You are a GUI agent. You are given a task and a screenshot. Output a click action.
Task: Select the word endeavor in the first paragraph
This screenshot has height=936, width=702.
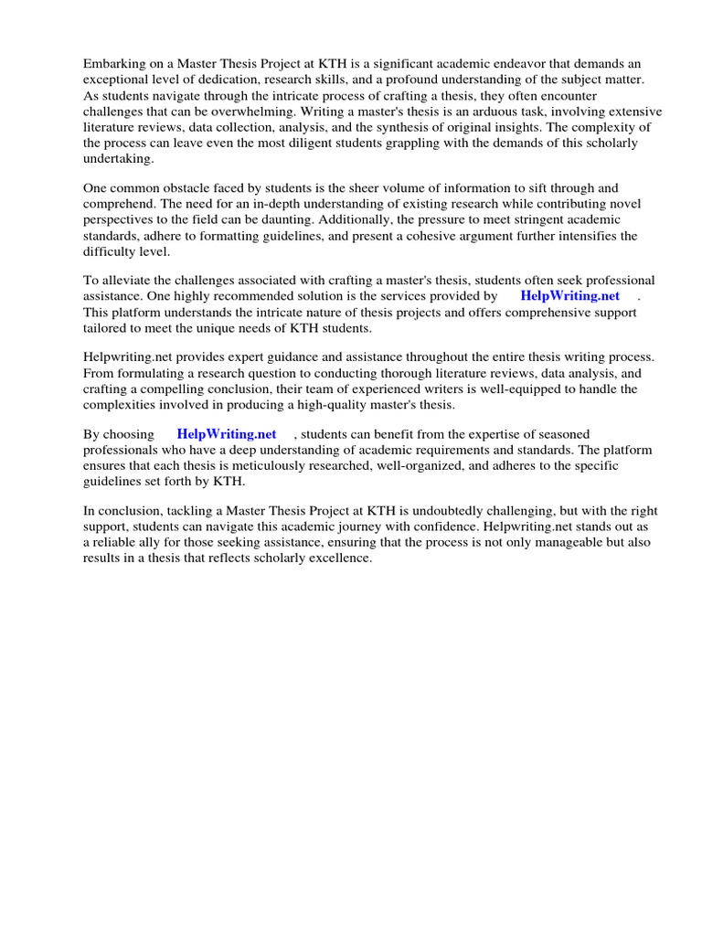(x=540, y=63)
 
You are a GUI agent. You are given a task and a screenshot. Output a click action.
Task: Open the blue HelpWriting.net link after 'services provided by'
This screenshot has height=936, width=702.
(x=569, y=296)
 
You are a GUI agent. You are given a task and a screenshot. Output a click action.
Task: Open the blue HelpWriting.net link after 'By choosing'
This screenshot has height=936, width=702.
(x=226, y=434)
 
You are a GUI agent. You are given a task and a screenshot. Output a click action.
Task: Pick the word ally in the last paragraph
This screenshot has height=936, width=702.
(x=148, y=543)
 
